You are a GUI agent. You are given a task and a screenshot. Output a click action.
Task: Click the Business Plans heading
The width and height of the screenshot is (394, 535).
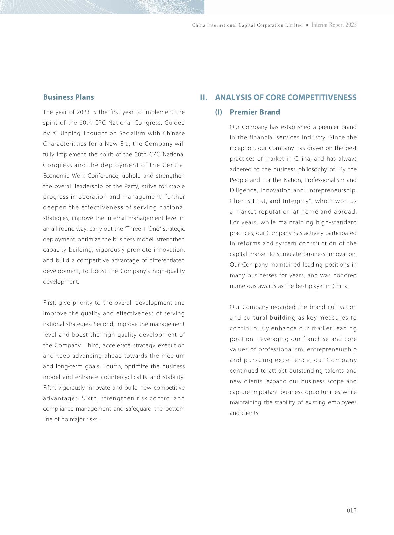coord(69,97)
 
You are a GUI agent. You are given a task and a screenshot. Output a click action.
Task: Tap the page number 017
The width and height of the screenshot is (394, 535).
coord(352,510)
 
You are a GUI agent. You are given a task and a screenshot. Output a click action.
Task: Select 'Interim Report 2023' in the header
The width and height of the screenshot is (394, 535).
coord(334,25)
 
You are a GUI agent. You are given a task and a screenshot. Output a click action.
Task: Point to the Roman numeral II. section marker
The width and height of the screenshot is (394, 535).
coord(203,98)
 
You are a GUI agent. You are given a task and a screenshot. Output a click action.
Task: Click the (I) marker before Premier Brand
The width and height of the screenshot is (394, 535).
coord(219,112)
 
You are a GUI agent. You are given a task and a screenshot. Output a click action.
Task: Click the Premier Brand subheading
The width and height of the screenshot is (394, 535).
coord(255,112)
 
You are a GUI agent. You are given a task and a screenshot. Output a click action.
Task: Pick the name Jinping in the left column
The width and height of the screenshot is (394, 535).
coord(70,134)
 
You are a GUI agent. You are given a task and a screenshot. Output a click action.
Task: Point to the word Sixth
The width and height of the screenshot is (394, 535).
coord(90,399)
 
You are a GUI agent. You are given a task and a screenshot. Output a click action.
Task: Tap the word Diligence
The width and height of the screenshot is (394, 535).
coord(243,191)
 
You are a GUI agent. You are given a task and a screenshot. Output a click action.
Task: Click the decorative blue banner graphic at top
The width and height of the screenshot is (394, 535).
coord(102,7)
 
